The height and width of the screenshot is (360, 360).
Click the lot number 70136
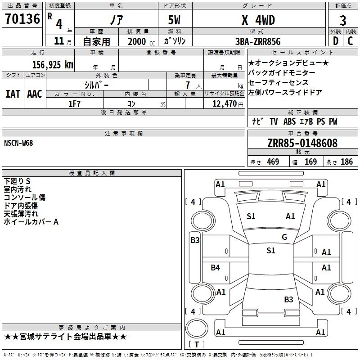coord(22,20)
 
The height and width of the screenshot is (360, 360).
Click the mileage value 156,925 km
coord(53,65)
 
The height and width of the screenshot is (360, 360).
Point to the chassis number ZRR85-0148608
coord(302,144)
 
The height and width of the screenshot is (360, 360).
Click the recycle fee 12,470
coord(224,104)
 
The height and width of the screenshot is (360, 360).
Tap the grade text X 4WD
coord(258,20)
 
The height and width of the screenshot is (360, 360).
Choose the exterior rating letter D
coord(335,41)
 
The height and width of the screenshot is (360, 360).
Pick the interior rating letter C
coord(350,41)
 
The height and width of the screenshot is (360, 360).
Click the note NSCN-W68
coord(18,143)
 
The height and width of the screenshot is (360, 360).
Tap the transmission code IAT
coord(13,94)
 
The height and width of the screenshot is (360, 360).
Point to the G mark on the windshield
coord(284,237)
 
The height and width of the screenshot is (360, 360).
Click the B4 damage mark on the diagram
coord(216,268)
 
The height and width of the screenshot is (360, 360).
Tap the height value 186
coord(346,162)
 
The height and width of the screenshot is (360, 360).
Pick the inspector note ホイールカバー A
coord(31,222)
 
